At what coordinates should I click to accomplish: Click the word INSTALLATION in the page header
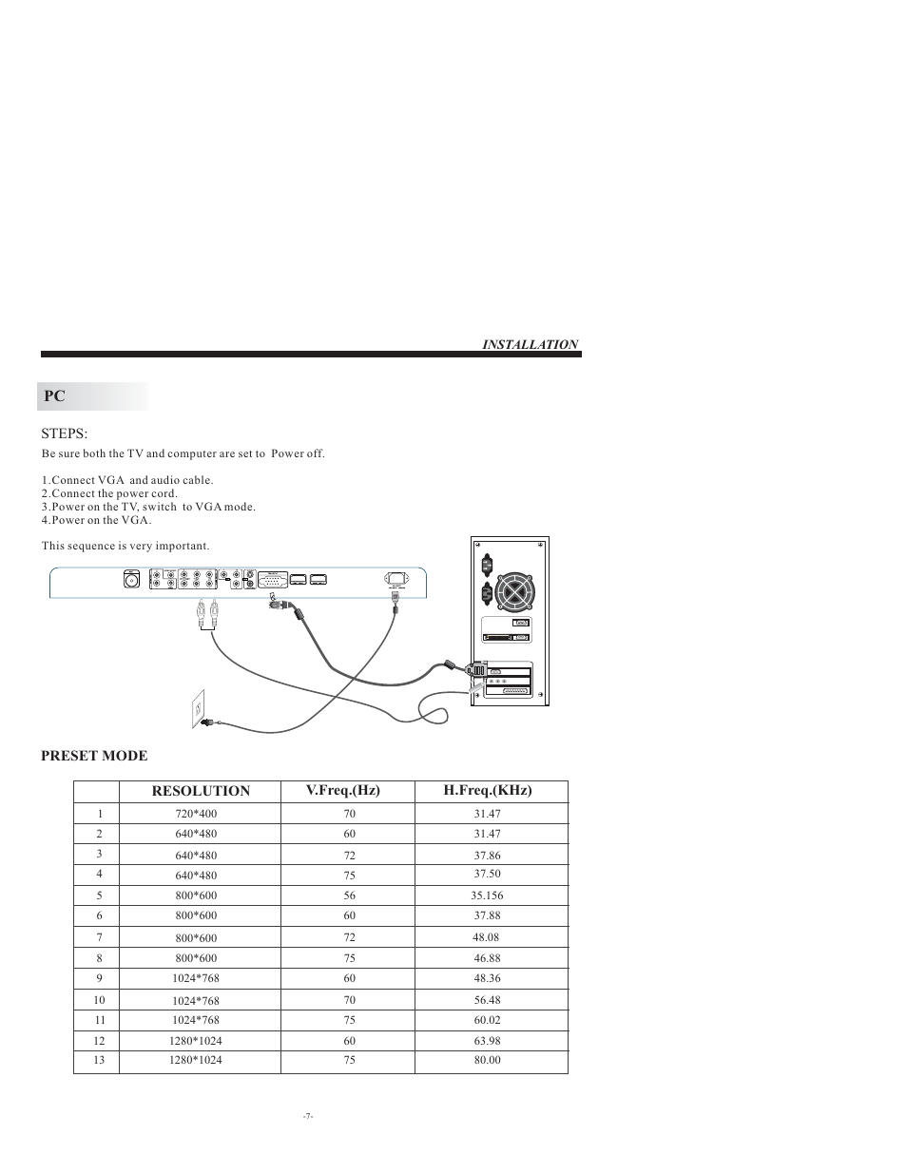tap(530, 344)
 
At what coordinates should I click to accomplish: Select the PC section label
tap(54, 396)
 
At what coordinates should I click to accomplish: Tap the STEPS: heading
tap(65, 433)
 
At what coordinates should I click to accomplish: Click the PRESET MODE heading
tap(94, 756)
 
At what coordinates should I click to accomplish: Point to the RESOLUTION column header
tap(201, 791)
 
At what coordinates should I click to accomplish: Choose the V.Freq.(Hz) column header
tap(342, 791)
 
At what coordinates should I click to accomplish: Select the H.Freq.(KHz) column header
tap(488, 791)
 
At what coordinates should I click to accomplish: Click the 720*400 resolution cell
tap(196, 815)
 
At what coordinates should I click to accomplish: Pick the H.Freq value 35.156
tap(487, 895)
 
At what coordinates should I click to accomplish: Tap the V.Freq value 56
tap(350, 895)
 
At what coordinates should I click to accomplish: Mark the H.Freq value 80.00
tap(487, 1060)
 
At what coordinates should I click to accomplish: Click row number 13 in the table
tap(99, 1060)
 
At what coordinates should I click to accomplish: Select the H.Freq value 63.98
tap(487, 1041)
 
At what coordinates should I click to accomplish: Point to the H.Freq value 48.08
tap(486, 937)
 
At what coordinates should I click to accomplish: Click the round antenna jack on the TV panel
tap(132, 579)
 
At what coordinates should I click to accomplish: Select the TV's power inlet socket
tap(396, 579)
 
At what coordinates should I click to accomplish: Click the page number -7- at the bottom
tap(308, 1116)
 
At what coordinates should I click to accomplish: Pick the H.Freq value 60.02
tap(487, 1020)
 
